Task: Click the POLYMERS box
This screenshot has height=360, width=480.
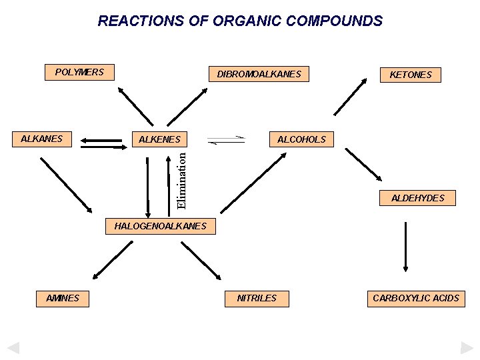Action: click(x=79, y=72)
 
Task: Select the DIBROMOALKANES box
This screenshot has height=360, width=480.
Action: click(x=259, y=74)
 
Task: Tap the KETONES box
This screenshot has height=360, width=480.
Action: click(x=410, y=75)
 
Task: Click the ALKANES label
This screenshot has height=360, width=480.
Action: click(x=41, y=139)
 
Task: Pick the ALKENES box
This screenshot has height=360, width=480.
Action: click(x=159, y=139)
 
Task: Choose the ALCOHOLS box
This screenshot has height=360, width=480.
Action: click(x=301, y=139)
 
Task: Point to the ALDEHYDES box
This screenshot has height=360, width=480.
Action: click(x=417, y=198)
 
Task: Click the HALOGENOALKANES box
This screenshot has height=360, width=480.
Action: click(x=161, y=227)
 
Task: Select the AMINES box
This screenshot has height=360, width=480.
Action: click(x=63, y=299)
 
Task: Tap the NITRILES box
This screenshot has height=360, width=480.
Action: click(x=257, y=298)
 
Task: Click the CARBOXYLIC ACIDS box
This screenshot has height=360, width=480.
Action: click(x=416, y=298)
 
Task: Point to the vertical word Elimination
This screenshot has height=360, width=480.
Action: click(x=181, y=179)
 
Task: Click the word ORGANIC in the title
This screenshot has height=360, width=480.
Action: click(x=246, y=21)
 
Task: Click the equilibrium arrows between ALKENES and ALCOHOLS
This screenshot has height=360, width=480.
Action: click(x=227, y=140)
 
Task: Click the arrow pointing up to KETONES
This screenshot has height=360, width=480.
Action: click(x=351, y=97)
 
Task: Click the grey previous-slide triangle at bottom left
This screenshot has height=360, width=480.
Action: click(x=13, y=347)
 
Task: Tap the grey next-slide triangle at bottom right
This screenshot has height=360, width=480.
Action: click(x=467, y=347)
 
